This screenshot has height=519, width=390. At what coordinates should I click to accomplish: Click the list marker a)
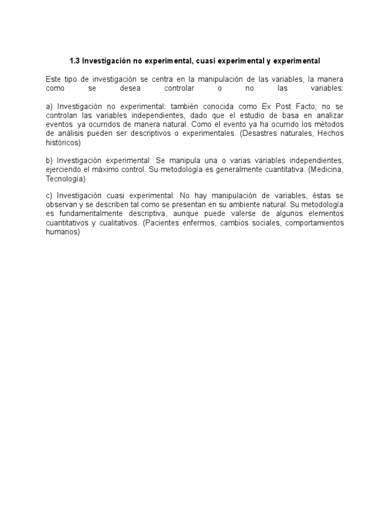click(x=49, y=106)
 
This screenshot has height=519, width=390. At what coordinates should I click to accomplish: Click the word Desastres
click(x=283, y=133)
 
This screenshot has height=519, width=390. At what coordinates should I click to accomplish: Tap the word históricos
click(x=61, y=142)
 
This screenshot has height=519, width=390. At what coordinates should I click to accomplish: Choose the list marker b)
click(x=49, y=161)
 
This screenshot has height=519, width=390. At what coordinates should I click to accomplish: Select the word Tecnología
click(x=64, y=179)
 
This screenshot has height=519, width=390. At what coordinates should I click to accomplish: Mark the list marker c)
click(x=49, y=196)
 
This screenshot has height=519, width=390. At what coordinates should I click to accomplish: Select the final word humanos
click(x=62, y=232)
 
